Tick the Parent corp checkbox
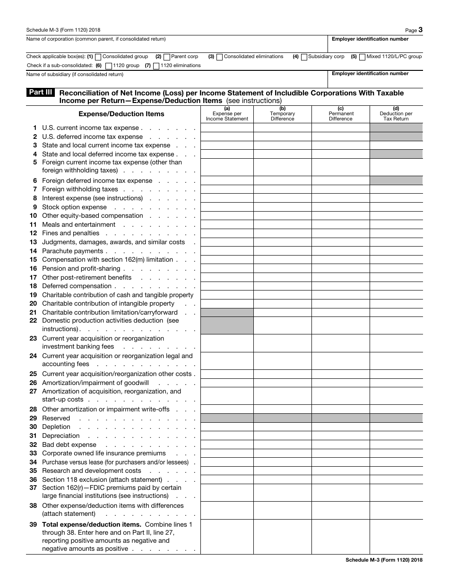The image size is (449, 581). (x=166, y=57)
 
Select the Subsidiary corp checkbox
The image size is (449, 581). (x=304, y=57)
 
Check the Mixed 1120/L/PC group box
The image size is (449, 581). (x=362, y=57)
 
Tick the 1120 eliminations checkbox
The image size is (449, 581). (x=156, y=66)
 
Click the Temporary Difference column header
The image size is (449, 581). (x=282, y=114)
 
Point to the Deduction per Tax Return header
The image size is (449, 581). (x=396, y=114)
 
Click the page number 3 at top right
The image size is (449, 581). (x=420, y=30)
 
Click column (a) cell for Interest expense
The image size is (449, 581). (x=227, y=198)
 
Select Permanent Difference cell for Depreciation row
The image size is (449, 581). (x=340, y=436)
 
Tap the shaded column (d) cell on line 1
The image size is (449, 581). (x=396, y=128)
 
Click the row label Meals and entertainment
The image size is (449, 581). (x=78, y=225)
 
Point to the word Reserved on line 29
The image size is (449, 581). (x=56, y=419)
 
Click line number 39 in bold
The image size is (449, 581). (x=33, y=524)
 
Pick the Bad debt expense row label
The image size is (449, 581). (x=69, y=445)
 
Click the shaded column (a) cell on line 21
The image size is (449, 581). (x=227, y=312)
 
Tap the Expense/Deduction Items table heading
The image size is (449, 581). (x=121, y=114)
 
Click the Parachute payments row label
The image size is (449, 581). (x=72, y=251)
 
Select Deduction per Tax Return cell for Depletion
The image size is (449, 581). (x=396, y=427)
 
